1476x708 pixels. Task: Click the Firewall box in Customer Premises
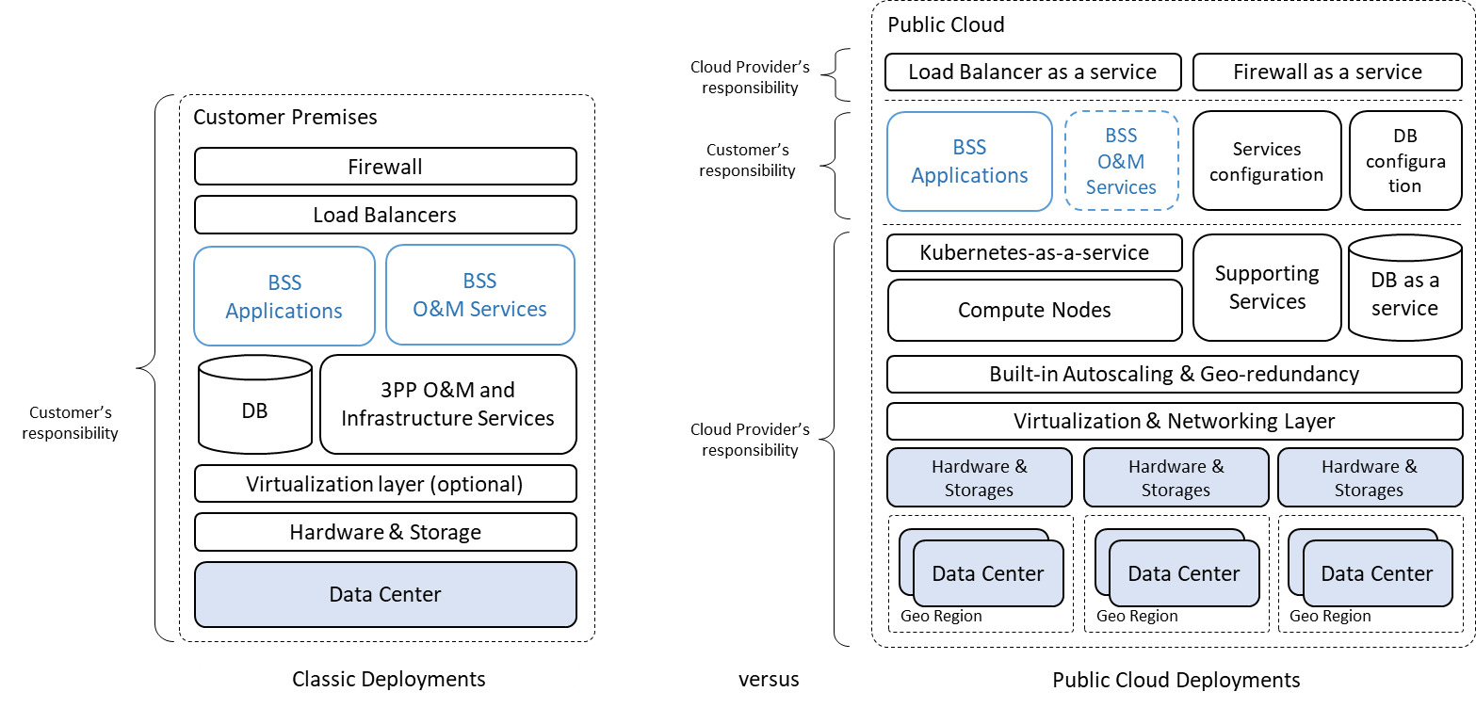pos(385,167)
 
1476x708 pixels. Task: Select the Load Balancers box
pos(385,215)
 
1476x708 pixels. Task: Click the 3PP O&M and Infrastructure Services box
pos(447,404)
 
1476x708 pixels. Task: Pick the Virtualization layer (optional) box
pos(385,484)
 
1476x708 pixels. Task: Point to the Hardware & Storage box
pos(385,532)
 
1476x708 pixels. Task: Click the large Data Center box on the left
pos(385,594)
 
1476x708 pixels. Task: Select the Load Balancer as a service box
pos(1033,72)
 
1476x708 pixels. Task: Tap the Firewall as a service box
pos(1327,72)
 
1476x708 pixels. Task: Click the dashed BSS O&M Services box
pos(1121,161)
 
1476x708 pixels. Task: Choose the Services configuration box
pos(1266,161)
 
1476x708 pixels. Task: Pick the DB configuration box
pos(1404,161)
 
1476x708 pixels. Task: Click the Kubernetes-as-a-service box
pos(1033,252)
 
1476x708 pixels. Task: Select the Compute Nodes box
pos(1033,310)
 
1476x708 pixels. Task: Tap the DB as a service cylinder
pos(1404,292)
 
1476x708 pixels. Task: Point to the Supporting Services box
pos(1266,287)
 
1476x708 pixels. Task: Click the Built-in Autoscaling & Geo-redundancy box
pos(1174,374)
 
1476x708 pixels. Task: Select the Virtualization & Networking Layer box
pos(1174,421)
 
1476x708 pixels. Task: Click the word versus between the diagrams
pos(769,680)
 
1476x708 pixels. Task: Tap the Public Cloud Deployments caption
pos(1176,680)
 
